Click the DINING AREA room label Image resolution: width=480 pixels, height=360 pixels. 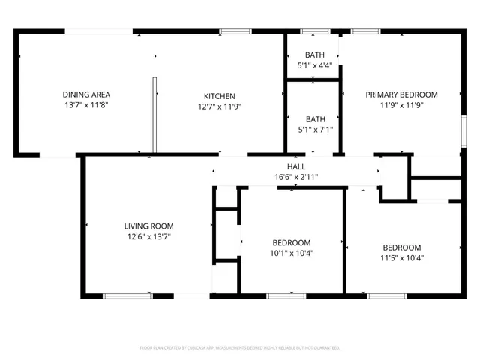click(x=86, y=94)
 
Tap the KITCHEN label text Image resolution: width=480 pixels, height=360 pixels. click(x=220, y=96)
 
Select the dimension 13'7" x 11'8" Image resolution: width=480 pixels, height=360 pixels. click(x=86, y=106)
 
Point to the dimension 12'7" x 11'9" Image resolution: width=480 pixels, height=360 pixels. click(x=220, y=106)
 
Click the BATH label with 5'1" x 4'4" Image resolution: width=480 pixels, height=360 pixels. click(x=315, y=55)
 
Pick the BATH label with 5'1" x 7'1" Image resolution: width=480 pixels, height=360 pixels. click(x=315, y=118)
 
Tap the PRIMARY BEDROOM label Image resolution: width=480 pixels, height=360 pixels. click(x=401, y=94)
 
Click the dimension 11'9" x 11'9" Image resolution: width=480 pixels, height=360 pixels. click(x=401, y=106)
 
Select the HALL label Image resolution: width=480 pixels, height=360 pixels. click(x=296, y=166)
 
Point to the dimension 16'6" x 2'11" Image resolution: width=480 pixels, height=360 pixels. click(x=296, y=177)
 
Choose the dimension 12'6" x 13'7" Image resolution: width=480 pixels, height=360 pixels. click(x=148, y=236)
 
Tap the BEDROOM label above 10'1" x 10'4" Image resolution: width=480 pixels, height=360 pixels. click(x=292, y=242)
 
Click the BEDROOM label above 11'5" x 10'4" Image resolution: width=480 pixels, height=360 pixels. click(x=402, y=247)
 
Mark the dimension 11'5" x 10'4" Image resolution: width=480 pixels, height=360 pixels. click(x=402, y=258)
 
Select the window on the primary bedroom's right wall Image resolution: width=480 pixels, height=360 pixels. click(x=463, y=129)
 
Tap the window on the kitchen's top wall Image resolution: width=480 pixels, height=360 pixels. click(x=235, y=31)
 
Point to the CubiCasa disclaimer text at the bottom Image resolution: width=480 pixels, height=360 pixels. click(x=240, y=348)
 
